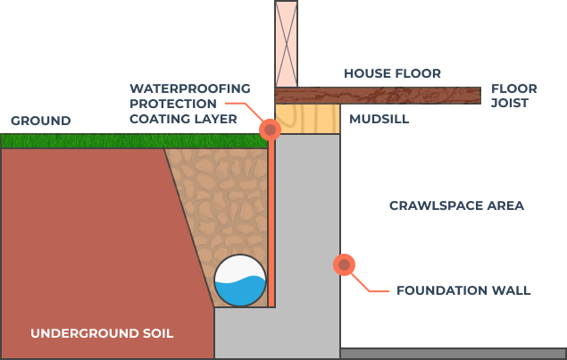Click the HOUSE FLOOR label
[392, 73]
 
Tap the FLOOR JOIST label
[513, 96]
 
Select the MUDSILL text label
[379, 119]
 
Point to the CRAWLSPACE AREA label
[456, 205]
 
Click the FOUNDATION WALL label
[463, 290]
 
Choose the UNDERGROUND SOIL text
[102, 333]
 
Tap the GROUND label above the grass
[40, 121]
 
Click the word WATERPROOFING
[189, 88]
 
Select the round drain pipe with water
[240, 280]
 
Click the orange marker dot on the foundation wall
[344, 264]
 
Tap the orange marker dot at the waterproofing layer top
[270, 130]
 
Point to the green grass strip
[134, 140]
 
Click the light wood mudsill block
[307, 119]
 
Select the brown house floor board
[375, 95]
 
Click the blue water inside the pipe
[240, 291]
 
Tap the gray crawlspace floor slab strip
[453, 354]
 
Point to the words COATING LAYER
[183, 119]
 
